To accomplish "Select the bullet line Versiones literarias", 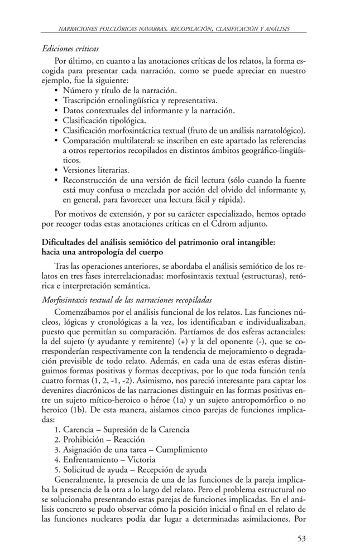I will click(96, 170).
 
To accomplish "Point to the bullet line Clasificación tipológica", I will click(104, 119).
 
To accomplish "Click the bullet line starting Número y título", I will click(119, 90).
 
